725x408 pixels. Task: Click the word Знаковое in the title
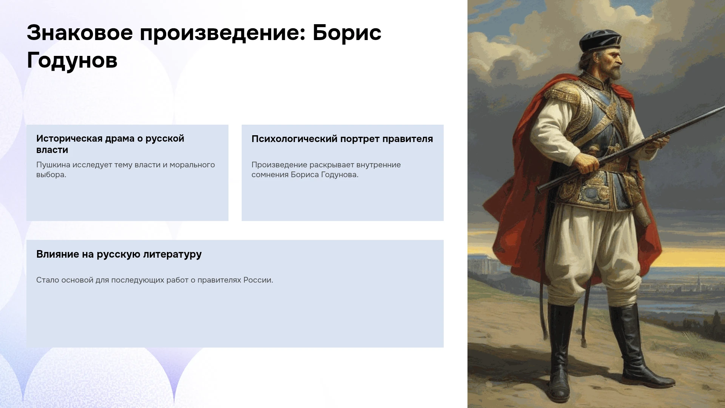[x=80, y=32]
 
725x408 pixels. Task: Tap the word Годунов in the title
[x=72, y=60]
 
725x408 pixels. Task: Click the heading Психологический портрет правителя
[x=342, y=139]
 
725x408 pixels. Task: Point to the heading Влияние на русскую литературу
[x=119, y=254]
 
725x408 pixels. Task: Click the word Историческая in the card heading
[x=69, y=139]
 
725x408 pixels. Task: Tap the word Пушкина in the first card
[x=53, y=165]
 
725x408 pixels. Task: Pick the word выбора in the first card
[x=51, y=175]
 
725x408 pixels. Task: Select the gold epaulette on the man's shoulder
[x=561, y=94]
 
